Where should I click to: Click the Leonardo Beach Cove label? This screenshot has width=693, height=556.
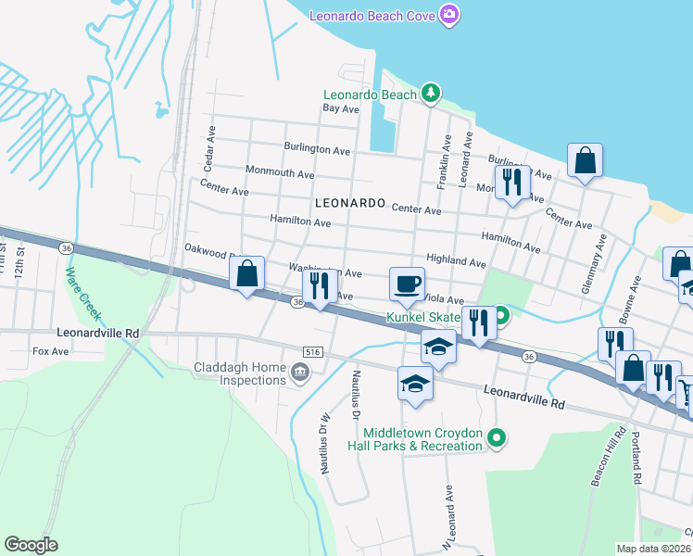pyautogui.click(x=372, y=15)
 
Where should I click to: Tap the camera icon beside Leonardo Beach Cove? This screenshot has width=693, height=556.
pyautogui.click(x=449, y=14)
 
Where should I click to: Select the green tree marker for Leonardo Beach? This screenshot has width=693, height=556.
pyautogui.click(x=429, y=94)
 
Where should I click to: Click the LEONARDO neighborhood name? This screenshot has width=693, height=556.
pyautogui.click(x=349, y=202)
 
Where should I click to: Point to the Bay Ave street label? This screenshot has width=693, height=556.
pyautogui.click(x=340, y=108)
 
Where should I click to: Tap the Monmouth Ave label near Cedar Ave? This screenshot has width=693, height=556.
pyautogui.click(x=280, y=173)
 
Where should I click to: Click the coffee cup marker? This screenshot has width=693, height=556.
pyautogui.click(x=407, y=283)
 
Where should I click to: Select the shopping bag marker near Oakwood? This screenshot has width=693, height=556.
pyautogui.click(x=247, y=274)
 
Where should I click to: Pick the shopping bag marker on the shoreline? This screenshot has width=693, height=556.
pyautogui.click(x=586, y=161)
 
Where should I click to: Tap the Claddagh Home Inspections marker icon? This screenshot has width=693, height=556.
pyautogui.click(x=299, y=373)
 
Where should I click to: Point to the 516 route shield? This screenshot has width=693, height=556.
pyautogui.click(x=312, y=351)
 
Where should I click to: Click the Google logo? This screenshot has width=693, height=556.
pyautogui.click(x=31, y=545)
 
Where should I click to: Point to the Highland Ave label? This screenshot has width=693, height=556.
pyautogui.click(x=456, y=263)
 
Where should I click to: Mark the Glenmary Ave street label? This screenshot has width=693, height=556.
pyautogui.click(x=594, y=264)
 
